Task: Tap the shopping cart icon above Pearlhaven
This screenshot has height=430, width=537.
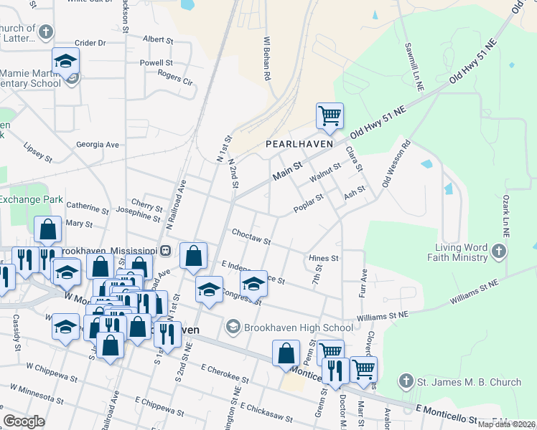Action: click(330, 115)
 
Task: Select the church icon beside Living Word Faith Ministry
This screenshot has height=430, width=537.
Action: click(500, 251)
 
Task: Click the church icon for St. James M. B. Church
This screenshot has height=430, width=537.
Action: click(406, 382)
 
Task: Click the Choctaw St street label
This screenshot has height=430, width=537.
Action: click(251, 236)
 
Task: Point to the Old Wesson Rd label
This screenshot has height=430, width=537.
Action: click(396, 164)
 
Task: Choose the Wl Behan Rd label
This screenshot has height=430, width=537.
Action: click(266, 57)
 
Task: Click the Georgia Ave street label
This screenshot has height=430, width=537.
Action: click(98, 144)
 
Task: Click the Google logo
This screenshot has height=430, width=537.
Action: click(24, 421)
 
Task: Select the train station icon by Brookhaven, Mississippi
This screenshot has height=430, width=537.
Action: click(165, 250)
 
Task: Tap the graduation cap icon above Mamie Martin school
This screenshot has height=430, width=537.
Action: click(65, 62)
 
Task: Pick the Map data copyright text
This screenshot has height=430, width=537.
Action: click(506, 424)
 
